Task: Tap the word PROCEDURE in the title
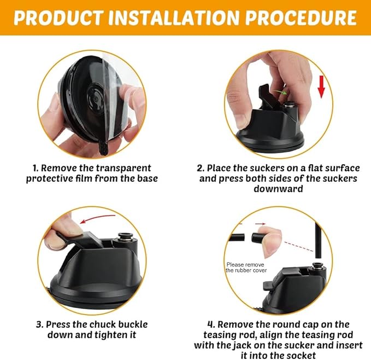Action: tap(301, 18)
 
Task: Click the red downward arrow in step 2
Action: tap(321, 86)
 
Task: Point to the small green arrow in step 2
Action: tap(280, 92)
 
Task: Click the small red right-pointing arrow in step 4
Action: tap(260, 224)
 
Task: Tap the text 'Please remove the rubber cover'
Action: tap(246, 268)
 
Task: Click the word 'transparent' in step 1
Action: tap(123, 168)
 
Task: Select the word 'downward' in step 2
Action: tap(278, 189)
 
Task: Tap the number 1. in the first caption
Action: tap(36, 168)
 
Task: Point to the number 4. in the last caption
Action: tap(211, 324)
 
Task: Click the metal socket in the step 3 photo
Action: tap(123, 236)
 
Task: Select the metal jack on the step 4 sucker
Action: tap(316, 266)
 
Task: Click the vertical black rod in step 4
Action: tap(318, 240)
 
